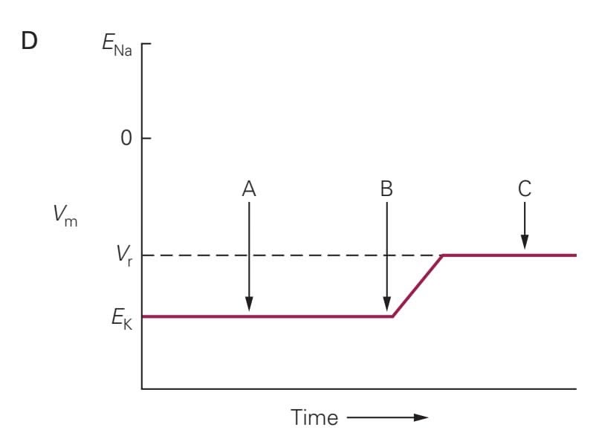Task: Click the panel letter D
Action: tap(29, 41)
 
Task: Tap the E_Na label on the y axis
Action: tap(117, 45)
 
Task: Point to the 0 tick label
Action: tap(126, 137)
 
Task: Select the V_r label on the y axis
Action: tap(124, 255)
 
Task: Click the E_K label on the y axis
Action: tap(122, 319)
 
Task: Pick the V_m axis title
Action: tap(65, 215)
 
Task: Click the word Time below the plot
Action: tap(314, 417)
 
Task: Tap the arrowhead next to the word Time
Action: tap(421, 417)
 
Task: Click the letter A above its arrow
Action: tap(249, 189)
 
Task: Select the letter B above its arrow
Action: tap(386, 189)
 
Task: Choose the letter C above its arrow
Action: tap(525, 189)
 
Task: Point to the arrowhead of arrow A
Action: tap(249, 304)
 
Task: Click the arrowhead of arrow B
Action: tap(386, 304)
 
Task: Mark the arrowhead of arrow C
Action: tap(525, 243)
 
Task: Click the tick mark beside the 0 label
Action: tap(146, 138)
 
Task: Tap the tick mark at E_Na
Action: tap(146, 44)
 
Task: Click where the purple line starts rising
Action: tap(392, 316)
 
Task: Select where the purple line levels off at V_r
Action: tap(442, 255)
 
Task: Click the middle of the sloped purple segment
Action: tap(418, 286)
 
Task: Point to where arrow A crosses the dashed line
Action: tap(249, 255)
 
